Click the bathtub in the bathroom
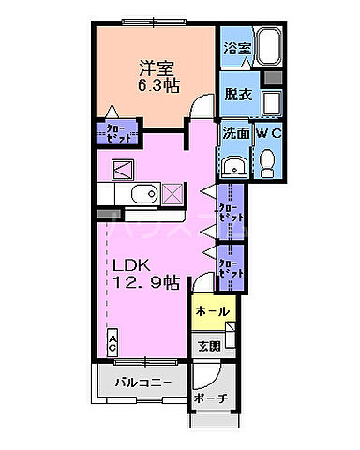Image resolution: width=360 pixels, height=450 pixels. [269, 46]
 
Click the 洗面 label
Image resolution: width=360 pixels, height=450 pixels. [235, 134]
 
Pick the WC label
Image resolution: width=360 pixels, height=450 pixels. [268, 134]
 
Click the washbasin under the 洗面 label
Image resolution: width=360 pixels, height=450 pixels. [234, 166]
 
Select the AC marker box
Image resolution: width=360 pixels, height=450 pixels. [112, 342]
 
